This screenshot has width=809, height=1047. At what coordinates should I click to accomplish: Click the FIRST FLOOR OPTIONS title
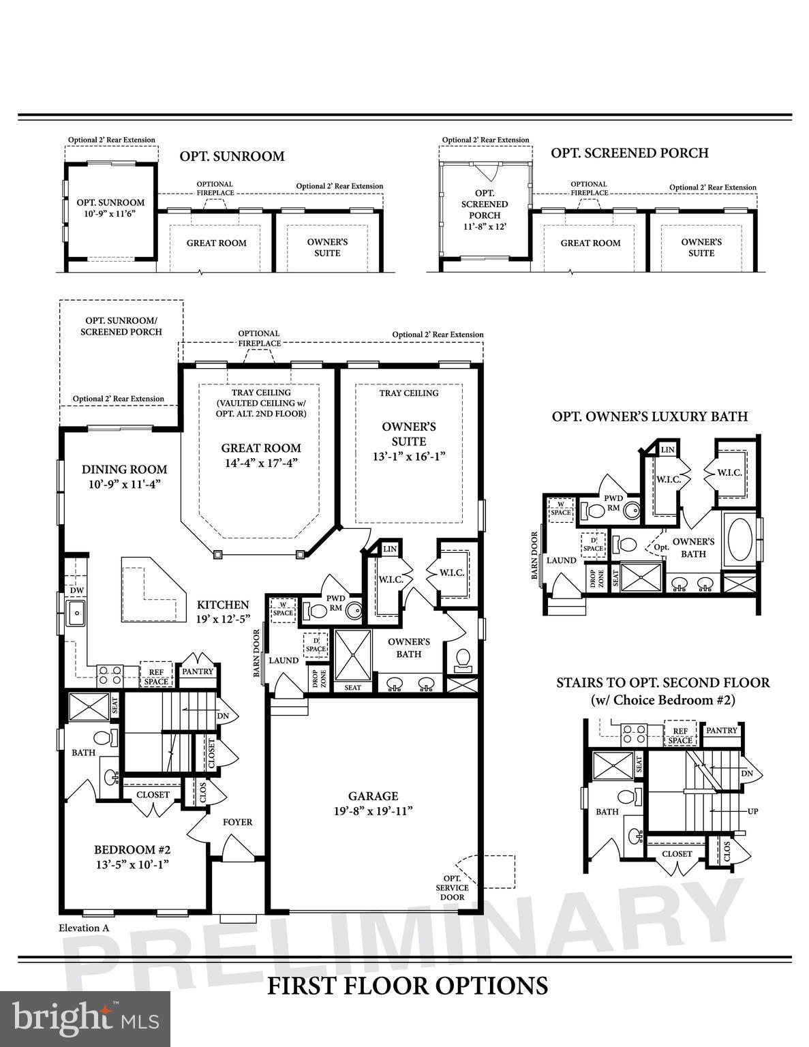point(407,986)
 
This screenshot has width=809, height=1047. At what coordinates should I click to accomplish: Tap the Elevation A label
point(84,928)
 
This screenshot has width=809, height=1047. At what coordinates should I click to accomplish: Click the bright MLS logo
point(85,1019)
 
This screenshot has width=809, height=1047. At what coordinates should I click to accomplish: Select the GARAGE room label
point(373,795)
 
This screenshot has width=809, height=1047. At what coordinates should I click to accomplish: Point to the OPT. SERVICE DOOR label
point(453,887)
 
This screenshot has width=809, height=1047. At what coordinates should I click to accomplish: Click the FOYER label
point(237,822)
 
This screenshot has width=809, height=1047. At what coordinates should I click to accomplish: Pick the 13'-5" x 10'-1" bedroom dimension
point(132,864)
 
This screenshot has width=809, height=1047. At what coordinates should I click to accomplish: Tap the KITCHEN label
point(223,605)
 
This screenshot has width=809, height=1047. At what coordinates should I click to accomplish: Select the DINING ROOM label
point(124,469)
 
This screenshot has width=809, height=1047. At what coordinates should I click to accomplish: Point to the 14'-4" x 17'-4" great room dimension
point(260,462)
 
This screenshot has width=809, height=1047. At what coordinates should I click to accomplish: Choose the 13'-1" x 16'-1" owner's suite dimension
point(408,456)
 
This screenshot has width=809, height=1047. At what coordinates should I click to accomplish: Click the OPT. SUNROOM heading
point(232,156)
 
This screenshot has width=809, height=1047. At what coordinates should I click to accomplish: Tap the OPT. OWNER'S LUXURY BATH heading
point(650,416)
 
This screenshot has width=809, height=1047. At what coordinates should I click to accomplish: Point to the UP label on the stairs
point(752,811)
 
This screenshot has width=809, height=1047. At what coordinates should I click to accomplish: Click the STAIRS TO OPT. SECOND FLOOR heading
point(662,682)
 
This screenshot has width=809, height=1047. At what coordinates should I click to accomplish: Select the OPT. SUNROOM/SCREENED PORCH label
point(121,326)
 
